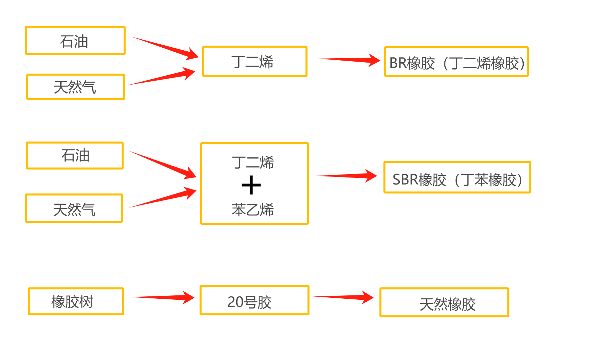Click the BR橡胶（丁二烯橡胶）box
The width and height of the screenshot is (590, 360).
456,62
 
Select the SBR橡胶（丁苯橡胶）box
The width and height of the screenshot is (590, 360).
457,178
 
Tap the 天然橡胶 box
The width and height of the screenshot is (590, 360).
444,302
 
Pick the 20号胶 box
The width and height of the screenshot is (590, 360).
254,300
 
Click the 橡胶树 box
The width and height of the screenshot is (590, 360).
76,301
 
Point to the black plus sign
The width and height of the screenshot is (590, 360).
251,185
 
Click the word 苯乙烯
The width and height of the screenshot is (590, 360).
253,210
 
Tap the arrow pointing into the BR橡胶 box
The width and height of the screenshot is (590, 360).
350,60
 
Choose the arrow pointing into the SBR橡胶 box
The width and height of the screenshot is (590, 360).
346,176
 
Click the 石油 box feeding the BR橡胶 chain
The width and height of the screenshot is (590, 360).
75,41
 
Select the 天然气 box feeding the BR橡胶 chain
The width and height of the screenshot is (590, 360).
76,87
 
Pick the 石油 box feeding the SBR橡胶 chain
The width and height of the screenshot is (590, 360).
75,156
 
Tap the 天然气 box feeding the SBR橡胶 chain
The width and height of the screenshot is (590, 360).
74,208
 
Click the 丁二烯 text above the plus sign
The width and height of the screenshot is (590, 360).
253,163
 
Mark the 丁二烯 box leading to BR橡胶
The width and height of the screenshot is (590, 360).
255,62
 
